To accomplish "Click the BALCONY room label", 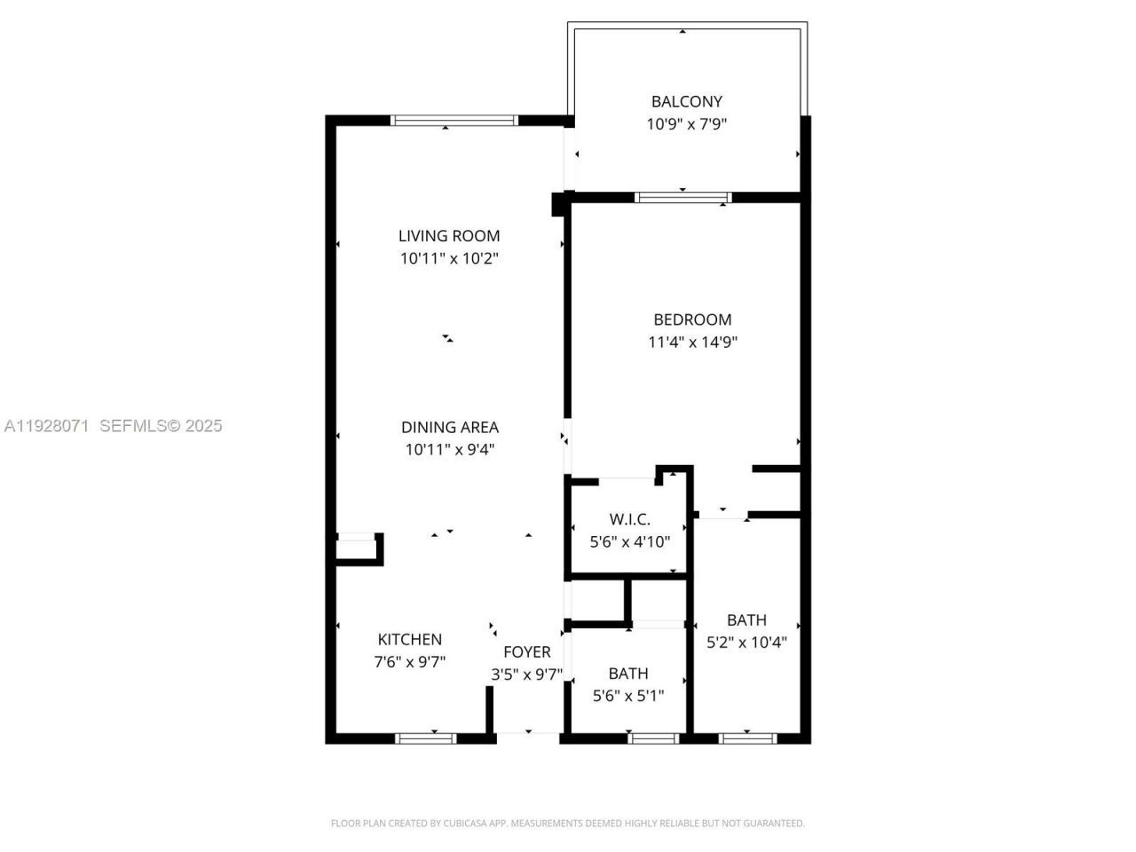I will [x=686, y=101].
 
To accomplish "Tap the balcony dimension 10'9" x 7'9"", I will [x=686, y=124].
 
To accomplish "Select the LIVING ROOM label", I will [x=449, y=235].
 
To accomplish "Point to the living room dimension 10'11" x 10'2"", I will [x=449, y=258].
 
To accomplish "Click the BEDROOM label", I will [x=692, y=319].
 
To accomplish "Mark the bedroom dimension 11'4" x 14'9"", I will [x=692, y=342].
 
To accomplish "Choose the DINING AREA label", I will [x=449, y=427].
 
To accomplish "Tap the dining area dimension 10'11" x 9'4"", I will [x=449, y=449].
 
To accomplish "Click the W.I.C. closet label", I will [x=629, y=519].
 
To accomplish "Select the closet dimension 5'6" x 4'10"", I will [x=629, y=541].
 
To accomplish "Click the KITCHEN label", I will [x=409, y=639].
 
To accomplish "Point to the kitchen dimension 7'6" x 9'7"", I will [x=409, y=661].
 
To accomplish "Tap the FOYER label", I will [x=526, y=652].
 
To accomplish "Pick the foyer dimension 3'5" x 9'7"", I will [x=526, y=674].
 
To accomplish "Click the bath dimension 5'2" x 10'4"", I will [x=746, y=642].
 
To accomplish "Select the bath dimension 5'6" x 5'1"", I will [x=627, y=696].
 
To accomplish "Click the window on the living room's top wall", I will [x=454, y=121].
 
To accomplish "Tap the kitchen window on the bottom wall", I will [x=426, y=738].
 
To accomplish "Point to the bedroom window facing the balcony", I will [x=682, y=197].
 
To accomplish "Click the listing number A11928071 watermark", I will [x=46, y=426].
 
